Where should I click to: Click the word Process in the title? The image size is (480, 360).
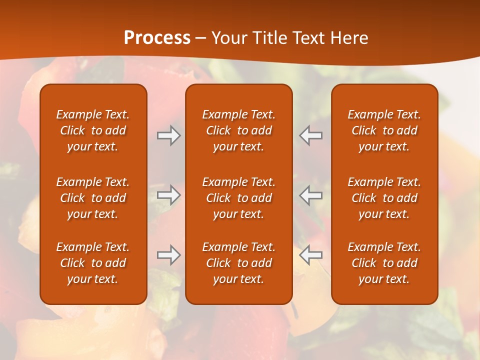[157, 38]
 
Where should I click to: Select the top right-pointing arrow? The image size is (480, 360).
[169, 135]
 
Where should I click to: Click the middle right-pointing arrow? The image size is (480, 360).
[169, 195]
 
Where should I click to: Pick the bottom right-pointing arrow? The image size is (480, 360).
[169, 255]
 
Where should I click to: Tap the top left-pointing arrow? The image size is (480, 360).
[310, 135]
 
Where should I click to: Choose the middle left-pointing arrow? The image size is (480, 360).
[310, 195]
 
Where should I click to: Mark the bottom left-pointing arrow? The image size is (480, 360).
[310, 255]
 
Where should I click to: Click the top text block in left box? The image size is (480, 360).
[93, 130]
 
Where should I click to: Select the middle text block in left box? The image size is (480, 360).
[93, 198]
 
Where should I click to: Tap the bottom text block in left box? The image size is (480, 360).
[93, 263]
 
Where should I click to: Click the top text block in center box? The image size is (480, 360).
[239, 130]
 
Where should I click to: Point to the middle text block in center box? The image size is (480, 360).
[239, 198]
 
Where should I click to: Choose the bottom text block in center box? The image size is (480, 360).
[239, 263]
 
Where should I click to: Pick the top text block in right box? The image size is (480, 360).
[384, 130]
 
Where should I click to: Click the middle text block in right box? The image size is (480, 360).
[384, 198]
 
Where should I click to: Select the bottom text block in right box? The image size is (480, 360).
[384, 263]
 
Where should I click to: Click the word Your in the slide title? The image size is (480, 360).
[228, 38]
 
